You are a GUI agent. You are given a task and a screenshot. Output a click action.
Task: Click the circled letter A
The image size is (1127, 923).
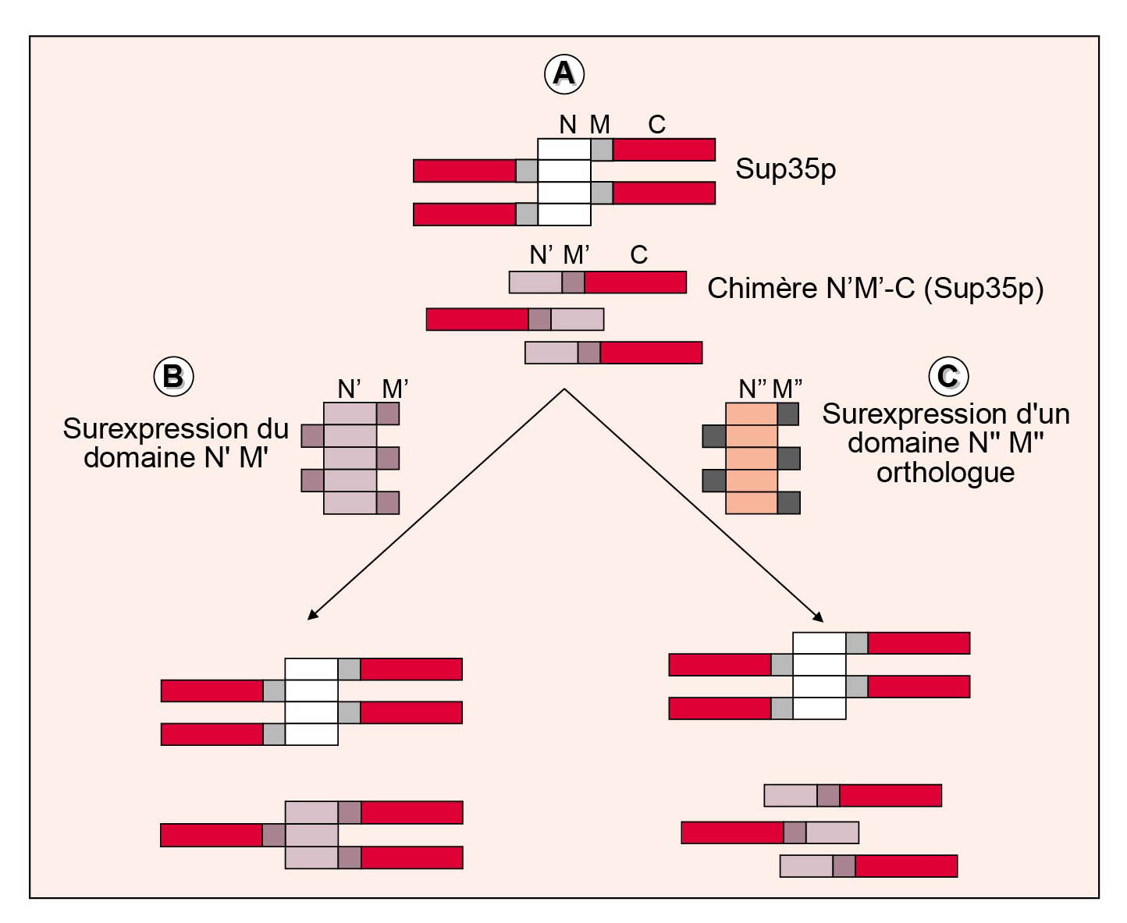[x=563, y=73]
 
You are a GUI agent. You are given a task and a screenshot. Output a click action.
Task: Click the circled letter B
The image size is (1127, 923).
[x=173, y=376]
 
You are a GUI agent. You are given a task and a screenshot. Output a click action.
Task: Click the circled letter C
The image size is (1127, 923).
[x=948, y=376]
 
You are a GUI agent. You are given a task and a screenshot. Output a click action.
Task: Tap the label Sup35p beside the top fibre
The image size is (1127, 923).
[x=785, y=169]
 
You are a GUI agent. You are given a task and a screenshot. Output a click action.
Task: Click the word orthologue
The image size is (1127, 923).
[x=945, y=472]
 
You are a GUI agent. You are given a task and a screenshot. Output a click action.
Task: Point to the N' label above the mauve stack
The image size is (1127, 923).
[x=349, y=389]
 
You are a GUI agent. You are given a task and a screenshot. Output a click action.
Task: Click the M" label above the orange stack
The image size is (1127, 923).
[x=787, y=389]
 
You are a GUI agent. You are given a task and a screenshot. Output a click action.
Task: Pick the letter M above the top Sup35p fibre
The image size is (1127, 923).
[x=599, y=125]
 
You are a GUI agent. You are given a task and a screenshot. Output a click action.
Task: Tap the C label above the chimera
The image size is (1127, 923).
[x=638, y=255]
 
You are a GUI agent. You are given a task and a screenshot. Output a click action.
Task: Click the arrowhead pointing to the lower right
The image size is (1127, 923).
[x=819, y=617]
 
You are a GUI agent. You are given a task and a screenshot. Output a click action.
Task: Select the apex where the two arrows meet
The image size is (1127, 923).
[x=564, y=389]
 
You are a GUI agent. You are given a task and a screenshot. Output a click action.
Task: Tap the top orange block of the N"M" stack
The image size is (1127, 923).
[x=751, y=414]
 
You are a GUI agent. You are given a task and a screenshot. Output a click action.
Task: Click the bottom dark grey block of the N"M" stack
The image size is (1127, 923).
[x=789, y=503]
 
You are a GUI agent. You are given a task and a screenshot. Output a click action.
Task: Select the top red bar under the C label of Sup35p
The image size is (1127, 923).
[x=664, y=150]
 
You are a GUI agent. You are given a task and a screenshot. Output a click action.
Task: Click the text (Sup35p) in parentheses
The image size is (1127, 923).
[x=984, y=288]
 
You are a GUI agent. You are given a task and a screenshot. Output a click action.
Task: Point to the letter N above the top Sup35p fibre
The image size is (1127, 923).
[x=568, y=125]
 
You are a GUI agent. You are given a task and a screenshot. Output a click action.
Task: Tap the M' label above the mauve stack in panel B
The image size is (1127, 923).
[x=395, y=389]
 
